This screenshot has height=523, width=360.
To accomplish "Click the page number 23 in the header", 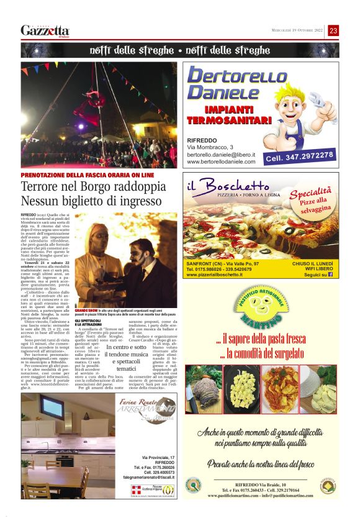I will [x=333, y=30].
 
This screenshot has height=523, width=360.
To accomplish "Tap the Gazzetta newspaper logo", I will [x=45, y=30].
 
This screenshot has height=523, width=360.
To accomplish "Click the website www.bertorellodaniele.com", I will [x=221, y=162].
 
